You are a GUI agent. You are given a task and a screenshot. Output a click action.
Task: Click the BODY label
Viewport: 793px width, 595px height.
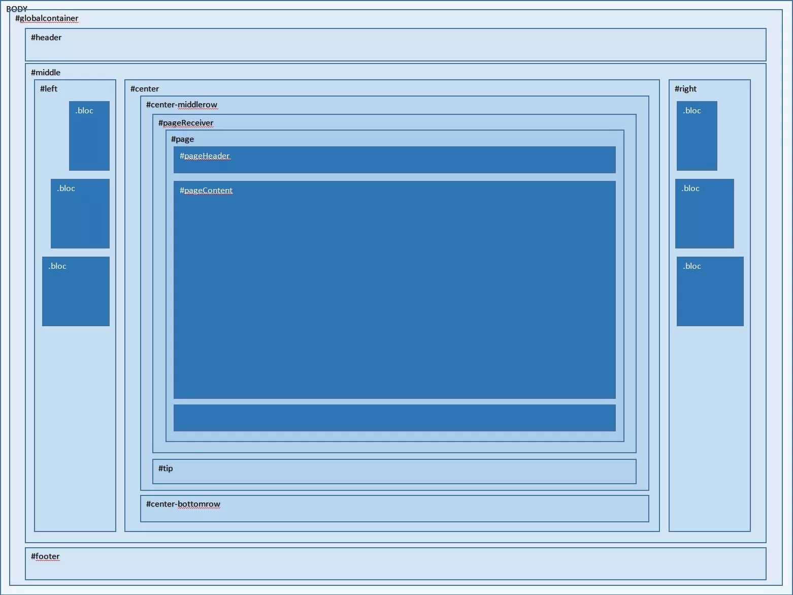(x=17, y=9)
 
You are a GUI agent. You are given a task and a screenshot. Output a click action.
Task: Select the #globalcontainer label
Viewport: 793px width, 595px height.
(x=47, y=18)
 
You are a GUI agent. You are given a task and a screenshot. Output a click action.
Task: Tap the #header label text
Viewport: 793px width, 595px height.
(x=46, y=38)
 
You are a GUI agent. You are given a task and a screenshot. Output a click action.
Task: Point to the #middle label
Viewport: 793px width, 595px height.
(x=46, y=73)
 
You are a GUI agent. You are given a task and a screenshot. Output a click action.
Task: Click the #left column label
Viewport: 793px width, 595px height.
(x=49, y=89)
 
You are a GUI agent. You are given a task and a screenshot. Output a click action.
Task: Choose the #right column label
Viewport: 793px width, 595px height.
(x=685, y=89)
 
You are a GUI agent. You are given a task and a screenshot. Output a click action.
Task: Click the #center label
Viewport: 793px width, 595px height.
(x=145, y=89)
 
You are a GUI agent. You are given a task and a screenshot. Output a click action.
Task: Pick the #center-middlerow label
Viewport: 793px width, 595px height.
(x=182, y=105)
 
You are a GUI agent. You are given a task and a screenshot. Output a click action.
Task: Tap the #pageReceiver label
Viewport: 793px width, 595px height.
(x=186, y=123)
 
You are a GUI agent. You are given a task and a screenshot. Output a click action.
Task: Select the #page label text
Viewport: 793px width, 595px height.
(x=182, y=139)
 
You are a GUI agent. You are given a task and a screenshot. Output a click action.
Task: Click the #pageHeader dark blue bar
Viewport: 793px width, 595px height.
(x=394, y=160)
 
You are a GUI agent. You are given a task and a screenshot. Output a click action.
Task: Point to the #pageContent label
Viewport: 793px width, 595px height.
(x=206, y=191)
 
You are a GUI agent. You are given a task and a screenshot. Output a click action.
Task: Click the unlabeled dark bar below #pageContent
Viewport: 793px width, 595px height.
(x=394, y=418)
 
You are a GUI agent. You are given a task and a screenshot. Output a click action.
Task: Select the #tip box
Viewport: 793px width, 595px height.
(x=394, y=472)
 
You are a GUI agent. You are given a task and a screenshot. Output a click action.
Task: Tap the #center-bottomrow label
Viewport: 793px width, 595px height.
(x=183, y=504)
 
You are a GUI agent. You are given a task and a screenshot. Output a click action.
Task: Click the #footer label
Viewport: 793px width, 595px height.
(x=45, y=556)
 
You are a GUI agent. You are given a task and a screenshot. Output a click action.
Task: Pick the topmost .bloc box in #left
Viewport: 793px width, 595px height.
(x=89, y=136)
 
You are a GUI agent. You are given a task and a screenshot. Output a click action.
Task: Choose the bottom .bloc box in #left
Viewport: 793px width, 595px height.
(x=76, y=291)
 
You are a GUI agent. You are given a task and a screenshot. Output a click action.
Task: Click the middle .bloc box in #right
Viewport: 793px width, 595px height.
(x=704, y=213)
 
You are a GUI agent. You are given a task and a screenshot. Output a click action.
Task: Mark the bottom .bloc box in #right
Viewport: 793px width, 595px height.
(x=710, y=291)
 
